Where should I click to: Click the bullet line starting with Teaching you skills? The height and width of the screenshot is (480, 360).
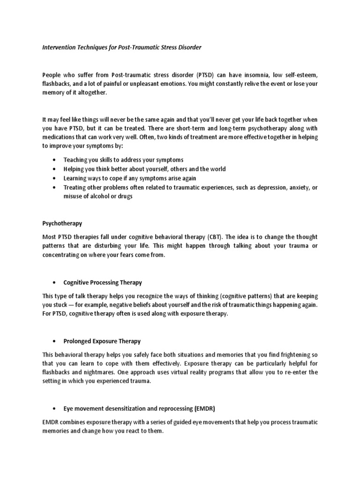[123, 160]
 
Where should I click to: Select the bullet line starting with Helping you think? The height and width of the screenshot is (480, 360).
[144, 169]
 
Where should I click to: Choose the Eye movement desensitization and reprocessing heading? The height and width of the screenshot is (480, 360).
[140, 409]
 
